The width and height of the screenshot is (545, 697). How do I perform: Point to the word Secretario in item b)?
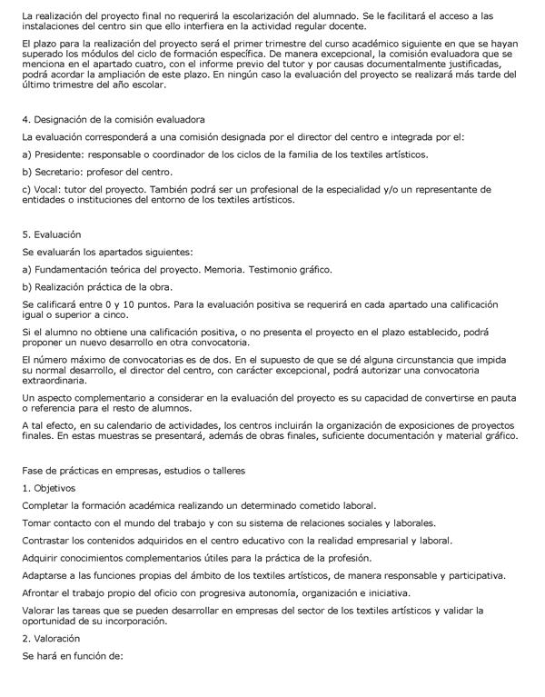pos(60,172)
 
